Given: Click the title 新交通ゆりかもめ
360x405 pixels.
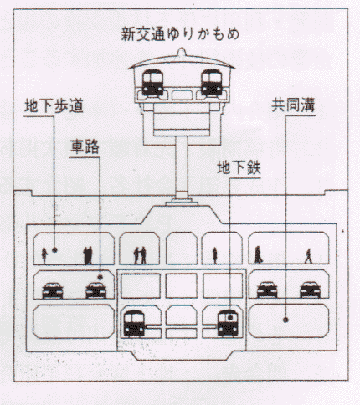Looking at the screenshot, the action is point(180,34).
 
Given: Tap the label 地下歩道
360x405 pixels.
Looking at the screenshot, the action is point(54,106).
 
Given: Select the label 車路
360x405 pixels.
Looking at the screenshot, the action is point(85,146).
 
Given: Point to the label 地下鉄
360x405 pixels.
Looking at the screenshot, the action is point(239,167).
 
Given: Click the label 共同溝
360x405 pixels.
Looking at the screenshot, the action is point(293,105).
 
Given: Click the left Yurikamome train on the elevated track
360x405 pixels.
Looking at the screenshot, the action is point(152,83).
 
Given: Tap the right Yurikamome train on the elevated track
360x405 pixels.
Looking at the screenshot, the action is point(212,83).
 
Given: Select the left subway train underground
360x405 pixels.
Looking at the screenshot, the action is point(134,323).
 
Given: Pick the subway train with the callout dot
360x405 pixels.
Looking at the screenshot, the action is point(228,323).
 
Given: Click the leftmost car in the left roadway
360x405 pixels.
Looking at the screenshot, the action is point(53,290).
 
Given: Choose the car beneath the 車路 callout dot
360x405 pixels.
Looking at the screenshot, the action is point(95,290).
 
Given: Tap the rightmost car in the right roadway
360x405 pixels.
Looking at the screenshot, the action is point(310,290).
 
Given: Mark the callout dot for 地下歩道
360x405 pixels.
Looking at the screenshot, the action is point(54,250).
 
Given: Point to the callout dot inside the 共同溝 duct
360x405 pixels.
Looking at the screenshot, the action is point(285,320).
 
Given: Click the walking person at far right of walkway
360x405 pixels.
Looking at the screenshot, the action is point(308,256).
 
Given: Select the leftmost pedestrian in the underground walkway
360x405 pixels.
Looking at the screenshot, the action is point(44,256).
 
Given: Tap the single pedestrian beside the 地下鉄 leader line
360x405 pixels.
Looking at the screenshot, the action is point(214,255).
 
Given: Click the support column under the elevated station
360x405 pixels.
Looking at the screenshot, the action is point(182,167).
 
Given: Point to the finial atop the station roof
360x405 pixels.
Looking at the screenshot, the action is point(182,52).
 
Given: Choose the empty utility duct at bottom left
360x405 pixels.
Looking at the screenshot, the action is point(74,321).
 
